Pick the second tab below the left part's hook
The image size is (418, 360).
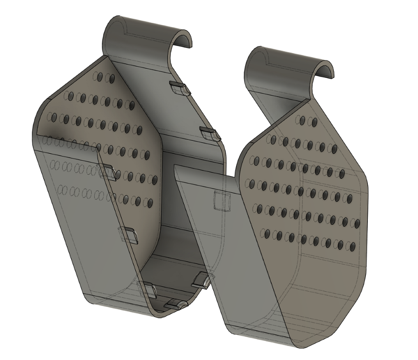point(210,134)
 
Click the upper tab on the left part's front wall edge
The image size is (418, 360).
point(107,172)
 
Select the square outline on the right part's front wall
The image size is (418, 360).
point(222,201)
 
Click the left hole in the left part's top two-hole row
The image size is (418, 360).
point(98,77)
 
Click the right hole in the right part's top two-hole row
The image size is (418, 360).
point(314,123)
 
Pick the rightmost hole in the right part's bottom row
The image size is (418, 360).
point(352,246)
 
